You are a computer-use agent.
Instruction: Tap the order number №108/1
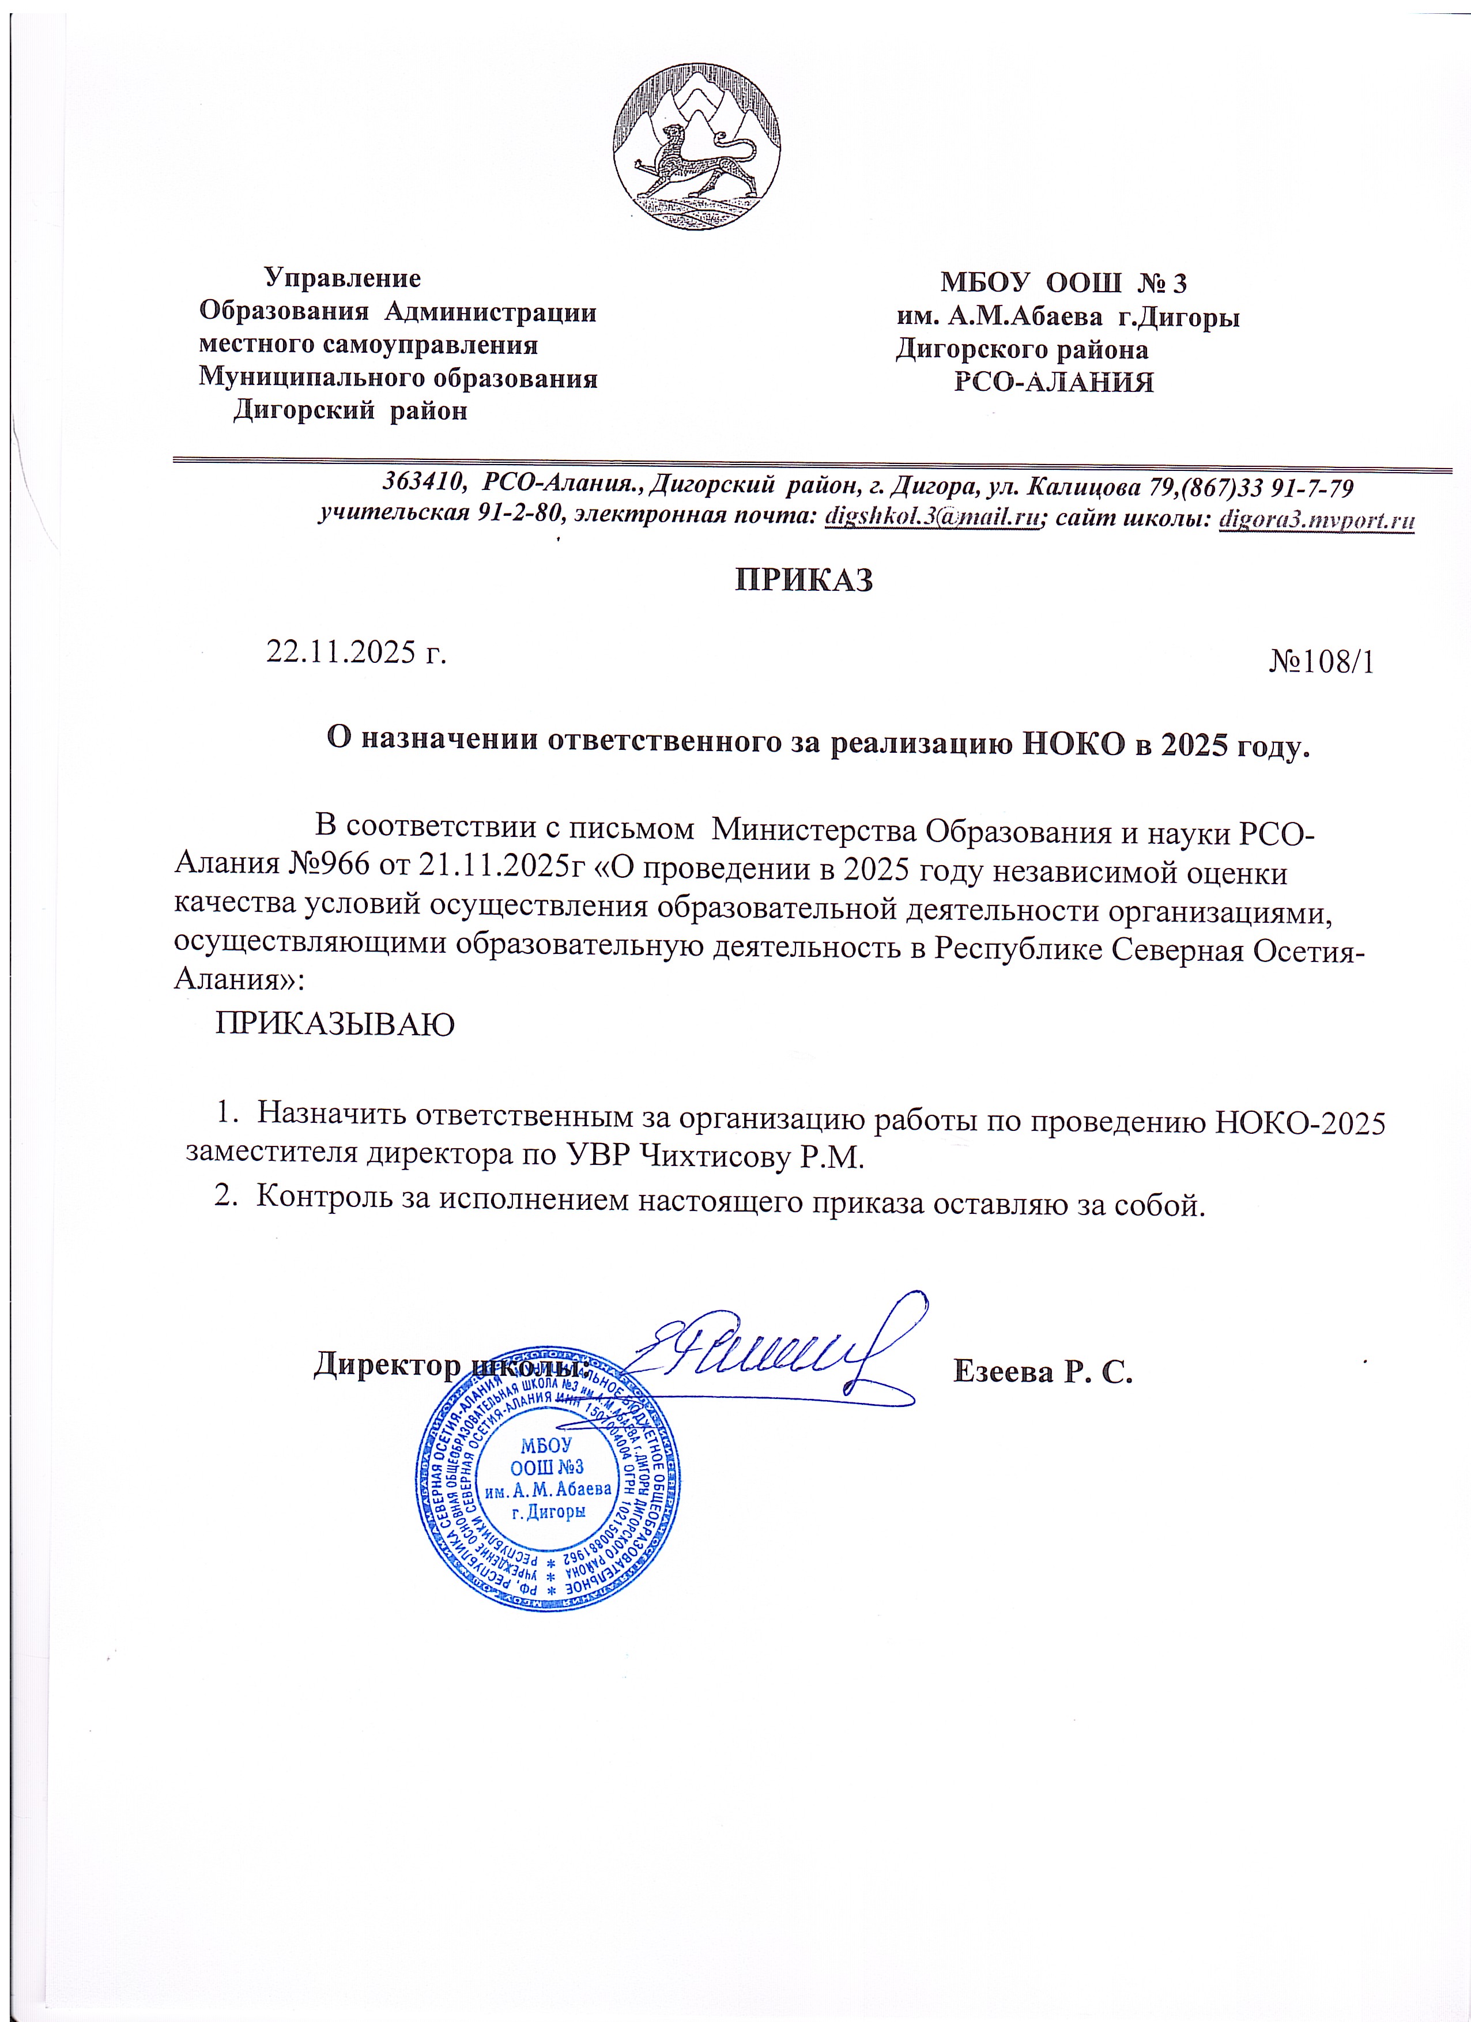pyautogui.click(x=1321, y=662)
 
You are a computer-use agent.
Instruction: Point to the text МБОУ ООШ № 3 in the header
pyautogui.click(x=1063, y=284)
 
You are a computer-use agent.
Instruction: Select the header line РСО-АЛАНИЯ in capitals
pyautogui.click(x=1055, y=383)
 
